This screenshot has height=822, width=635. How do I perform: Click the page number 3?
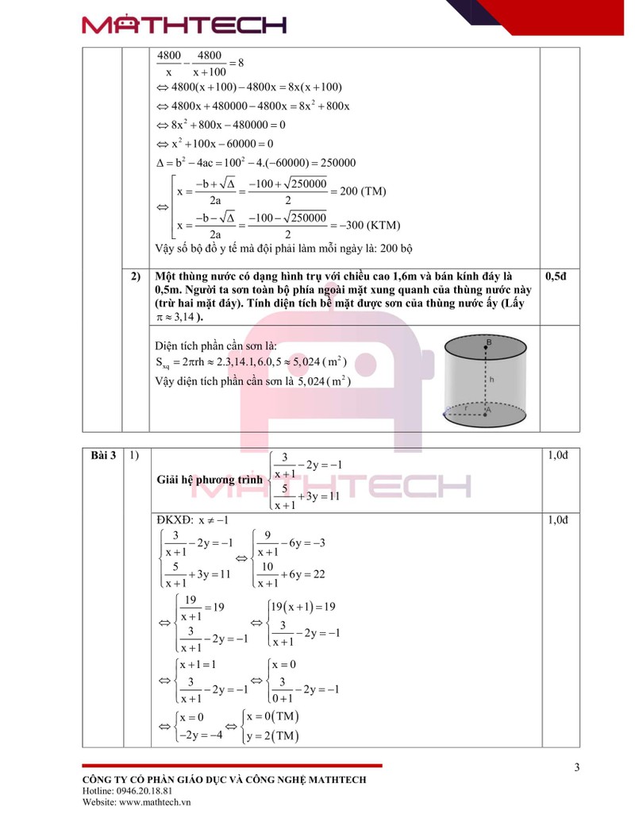(x=577, y=767)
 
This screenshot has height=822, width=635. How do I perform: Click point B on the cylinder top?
(x=489, y=343)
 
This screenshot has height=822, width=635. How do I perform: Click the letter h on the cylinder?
(x=492, y=380)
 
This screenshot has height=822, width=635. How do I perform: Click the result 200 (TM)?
(x=363, y=191)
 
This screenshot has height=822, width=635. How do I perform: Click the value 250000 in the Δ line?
(x=334, y=163)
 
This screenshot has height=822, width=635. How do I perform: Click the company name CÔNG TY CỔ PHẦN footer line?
(x=224, y=780)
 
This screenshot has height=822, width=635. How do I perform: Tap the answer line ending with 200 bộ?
(x=284, y=249)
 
